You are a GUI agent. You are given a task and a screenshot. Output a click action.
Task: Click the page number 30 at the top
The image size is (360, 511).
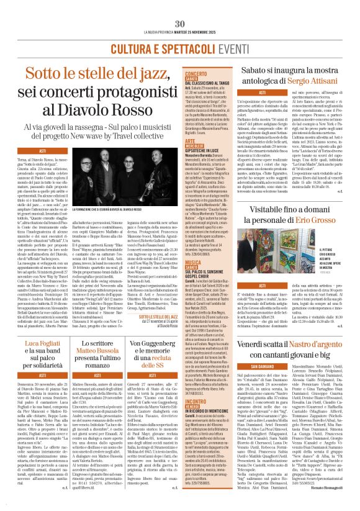pos(179,6)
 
